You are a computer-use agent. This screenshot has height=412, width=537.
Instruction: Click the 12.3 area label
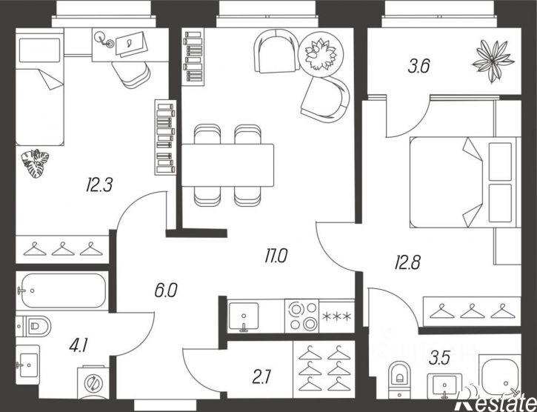(99, 185)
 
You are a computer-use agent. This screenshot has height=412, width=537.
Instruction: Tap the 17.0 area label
(276, 256)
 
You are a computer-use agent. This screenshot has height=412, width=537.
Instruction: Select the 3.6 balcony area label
(418, 66)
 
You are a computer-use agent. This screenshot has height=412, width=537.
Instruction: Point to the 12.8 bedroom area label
(407, 262)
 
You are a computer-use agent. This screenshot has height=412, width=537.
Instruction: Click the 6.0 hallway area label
(166, 290)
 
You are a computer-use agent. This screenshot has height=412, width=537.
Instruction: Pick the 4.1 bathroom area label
(79, 345)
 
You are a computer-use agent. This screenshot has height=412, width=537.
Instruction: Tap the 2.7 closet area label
(261, 377)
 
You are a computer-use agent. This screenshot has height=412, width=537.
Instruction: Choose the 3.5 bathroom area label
(439, 358)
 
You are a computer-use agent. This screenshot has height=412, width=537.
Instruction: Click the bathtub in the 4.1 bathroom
(62, 290)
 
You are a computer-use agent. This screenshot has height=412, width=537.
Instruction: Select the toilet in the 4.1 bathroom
(33, 326)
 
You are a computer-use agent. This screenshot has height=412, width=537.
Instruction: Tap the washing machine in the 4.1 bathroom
(93, 382)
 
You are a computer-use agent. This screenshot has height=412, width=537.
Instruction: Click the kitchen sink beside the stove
(244, 316)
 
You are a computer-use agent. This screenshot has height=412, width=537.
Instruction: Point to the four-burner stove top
(302, 316)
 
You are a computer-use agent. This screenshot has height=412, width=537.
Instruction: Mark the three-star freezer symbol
(337, 316)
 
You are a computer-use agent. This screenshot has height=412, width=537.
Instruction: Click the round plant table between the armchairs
(321, 54)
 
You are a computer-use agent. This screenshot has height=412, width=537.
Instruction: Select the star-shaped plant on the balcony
(493, 62)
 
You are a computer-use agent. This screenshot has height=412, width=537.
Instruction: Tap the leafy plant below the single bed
(35, 164)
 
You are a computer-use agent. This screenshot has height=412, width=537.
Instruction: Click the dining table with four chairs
(227, 165)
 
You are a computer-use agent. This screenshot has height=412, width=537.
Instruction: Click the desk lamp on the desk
(104, 39)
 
